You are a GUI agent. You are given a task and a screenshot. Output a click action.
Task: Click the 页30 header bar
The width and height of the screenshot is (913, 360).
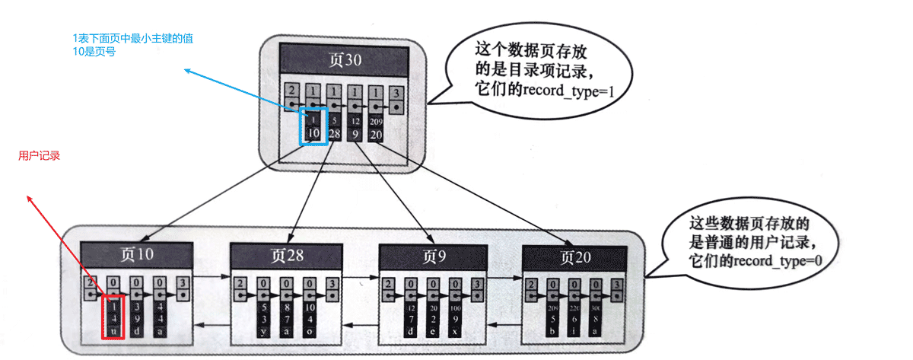(342, 60)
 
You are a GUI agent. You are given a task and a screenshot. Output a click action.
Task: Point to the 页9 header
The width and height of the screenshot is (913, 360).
(434, 256)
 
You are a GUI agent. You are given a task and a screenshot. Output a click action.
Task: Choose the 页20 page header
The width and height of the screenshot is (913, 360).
(574, 256)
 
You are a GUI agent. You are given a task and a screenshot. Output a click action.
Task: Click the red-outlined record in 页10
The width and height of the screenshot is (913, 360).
(113, 318)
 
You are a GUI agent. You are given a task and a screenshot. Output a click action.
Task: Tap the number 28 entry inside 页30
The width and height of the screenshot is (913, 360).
(335, 133)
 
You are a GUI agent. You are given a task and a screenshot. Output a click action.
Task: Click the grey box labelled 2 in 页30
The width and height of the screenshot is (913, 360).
(291, 97)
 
